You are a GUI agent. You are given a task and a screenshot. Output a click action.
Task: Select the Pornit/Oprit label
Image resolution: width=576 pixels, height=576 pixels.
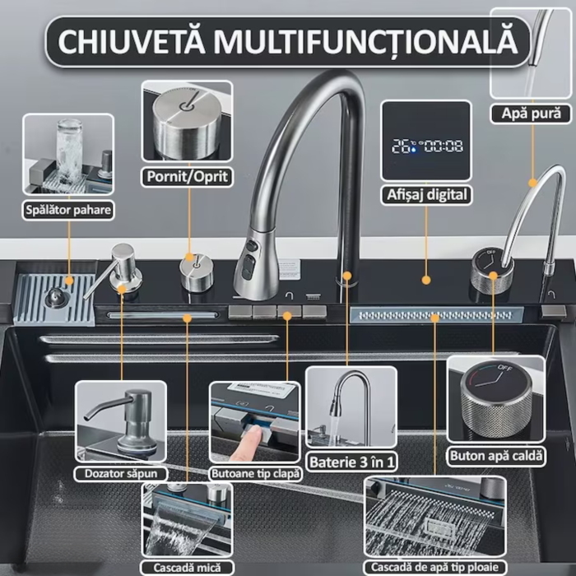[187, 176]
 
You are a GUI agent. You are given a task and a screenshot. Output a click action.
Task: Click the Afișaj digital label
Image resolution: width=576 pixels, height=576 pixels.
[427, 195]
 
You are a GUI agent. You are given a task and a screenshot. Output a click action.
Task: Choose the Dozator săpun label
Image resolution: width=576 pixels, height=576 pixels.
[121, 473]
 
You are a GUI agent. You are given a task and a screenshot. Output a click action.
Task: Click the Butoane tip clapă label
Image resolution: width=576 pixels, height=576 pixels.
[256, 473]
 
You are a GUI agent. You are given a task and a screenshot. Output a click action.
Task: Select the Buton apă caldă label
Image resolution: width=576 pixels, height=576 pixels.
[496, 454]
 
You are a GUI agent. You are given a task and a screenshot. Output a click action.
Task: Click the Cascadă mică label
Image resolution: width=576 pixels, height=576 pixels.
[186, 567]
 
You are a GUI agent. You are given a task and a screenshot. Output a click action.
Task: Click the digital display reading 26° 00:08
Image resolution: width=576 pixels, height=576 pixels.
[426, 146]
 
